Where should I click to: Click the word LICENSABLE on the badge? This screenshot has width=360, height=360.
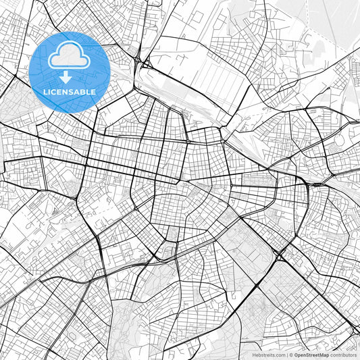pos(69,92)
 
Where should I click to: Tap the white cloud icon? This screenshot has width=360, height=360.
pos(69,57)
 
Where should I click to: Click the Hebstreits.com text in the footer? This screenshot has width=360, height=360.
pos(269,355)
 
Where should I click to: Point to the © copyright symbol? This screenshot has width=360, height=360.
pos(291,355)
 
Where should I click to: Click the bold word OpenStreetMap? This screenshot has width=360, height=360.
pos(311,355)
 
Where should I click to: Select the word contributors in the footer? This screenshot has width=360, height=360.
pos(343,355)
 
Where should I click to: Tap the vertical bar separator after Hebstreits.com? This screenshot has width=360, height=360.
pos(286,355)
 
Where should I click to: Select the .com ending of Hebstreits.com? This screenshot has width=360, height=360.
pos(279,355)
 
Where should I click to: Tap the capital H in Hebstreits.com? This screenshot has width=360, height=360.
pos(254,355)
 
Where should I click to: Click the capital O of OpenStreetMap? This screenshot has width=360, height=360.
pos(297,355)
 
